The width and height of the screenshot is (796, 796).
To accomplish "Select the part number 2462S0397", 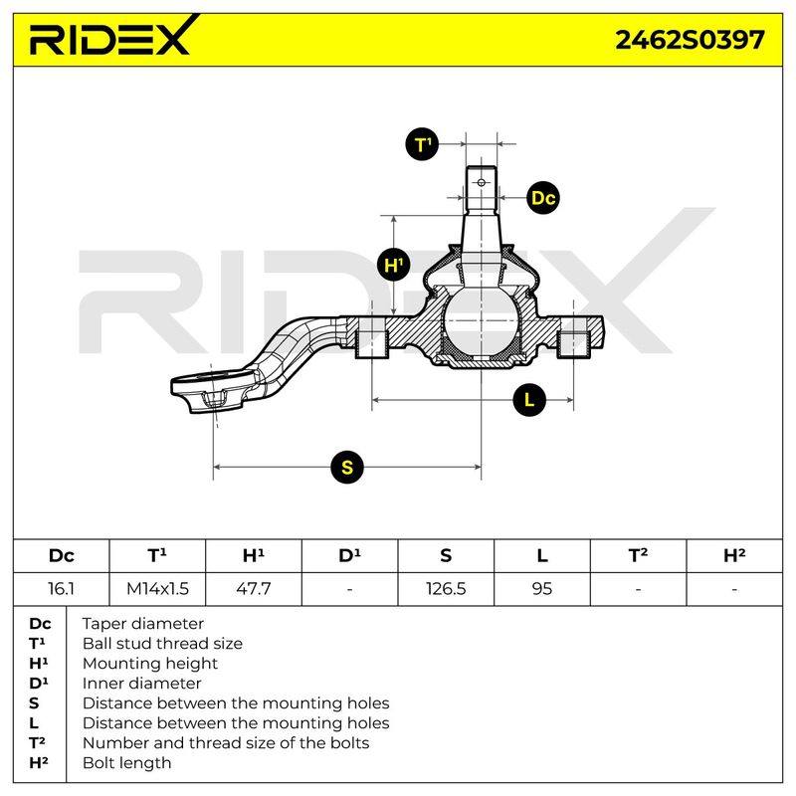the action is (690, 40).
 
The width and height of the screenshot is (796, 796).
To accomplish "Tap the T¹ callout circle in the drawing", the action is (422, 144).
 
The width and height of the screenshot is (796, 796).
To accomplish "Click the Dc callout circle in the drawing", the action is (543, 197).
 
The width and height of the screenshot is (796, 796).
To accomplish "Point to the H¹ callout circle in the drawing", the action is (393, 265).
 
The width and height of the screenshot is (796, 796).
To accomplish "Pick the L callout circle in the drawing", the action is (529, 400).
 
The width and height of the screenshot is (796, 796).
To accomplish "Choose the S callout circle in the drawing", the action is (347, 467).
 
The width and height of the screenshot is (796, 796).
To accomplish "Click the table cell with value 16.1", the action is (61, 589).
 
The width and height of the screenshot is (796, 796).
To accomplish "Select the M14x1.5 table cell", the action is (157, 589).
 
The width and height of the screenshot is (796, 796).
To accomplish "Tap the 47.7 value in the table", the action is (254, 589).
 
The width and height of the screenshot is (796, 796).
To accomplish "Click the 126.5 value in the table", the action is (446, 589).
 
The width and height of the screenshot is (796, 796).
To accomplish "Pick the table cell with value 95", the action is (542, 589).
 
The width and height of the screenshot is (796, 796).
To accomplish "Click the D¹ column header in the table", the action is (350, 555).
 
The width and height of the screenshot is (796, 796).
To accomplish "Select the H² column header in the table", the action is (734, 555).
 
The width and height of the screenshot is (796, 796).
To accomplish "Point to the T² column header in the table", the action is (638, 555).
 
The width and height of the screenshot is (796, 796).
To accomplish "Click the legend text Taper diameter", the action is (142, 624).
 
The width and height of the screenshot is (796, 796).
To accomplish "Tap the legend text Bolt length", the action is (127, 762).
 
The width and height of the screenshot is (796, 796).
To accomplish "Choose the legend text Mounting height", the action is (150, 664).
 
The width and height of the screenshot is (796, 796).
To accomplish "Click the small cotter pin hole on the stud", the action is (482, 182).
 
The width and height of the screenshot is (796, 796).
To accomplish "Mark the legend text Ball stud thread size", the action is (162, 643).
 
